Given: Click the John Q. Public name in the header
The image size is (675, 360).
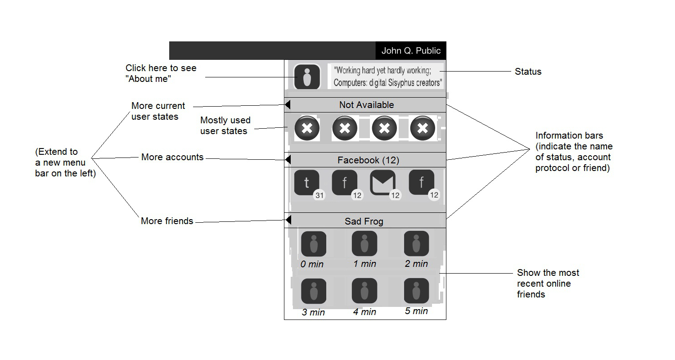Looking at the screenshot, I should coord(411,51).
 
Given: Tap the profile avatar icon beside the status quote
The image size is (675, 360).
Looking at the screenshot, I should coord(307,77).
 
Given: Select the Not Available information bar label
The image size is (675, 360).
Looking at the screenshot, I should coord(366,105).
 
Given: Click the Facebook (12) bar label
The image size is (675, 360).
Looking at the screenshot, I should coord(368,160).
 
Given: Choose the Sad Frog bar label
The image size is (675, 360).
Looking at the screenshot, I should coord(364,221).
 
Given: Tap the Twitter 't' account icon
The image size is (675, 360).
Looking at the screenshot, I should coord(307,183).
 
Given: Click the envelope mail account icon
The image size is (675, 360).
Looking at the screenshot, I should coord(383,183).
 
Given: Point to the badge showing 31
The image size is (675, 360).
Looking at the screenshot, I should coord(319,195).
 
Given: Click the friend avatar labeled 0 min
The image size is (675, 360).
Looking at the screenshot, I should coord(313,244).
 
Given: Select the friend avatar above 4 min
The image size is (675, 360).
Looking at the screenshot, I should coord(364,291).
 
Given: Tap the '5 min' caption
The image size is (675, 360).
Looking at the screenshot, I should coord(416,311).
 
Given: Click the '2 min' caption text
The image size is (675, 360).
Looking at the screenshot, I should coord(416,264).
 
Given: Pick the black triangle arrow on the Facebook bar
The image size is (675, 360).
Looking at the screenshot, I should coord(288,159).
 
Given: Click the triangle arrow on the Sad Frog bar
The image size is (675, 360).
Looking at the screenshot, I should coord(288,220).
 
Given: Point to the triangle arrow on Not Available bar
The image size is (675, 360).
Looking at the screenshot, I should coord(288,104).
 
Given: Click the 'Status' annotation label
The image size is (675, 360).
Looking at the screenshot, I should coord(528,72).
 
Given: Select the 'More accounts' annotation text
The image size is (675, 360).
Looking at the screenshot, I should coord(172,157).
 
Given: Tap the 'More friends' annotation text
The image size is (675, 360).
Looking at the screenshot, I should coord(167,221).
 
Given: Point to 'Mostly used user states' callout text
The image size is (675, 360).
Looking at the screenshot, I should coord(225,126).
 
